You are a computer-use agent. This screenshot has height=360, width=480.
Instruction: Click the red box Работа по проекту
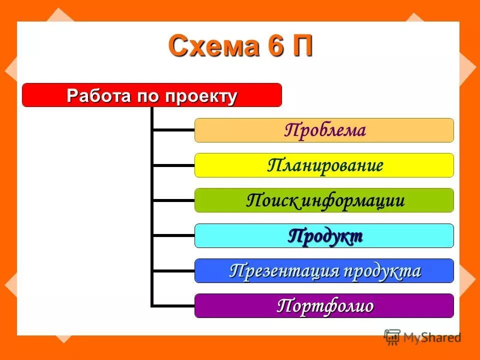(152, 95)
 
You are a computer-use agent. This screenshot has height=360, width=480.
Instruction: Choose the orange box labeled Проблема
(324, 130)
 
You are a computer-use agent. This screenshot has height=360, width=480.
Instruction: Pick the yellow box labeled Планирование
(324, 165)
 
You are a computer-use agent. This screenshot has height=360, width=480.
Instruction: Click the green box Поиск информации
(324, 200)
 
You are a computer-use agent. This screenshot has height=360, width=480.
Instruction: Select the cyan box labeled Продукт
(324, 236)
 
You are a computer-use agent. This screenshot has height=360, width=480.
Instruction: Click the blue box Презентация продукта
(324, 271)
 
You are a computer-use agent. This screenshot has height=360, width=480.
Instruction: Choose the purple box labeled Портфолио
(324, 306)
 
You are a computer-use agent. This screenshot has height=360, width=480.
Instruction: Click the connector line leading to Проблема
(173, 130)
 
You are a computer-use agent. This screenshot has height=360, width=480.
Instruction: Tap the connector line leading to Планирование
(173, 165)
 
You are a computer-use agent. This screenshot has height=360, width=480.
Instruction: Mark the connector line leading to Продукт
(173, 235)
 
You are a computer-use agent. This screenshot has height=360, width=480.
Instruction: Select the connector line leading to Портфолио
(173, 305)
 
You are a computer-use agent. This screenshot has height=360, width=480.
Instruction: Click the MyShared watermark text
(432, 338)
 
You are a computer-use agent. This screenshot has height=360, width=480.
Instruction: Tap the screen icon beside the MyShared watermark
(392, 337)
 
